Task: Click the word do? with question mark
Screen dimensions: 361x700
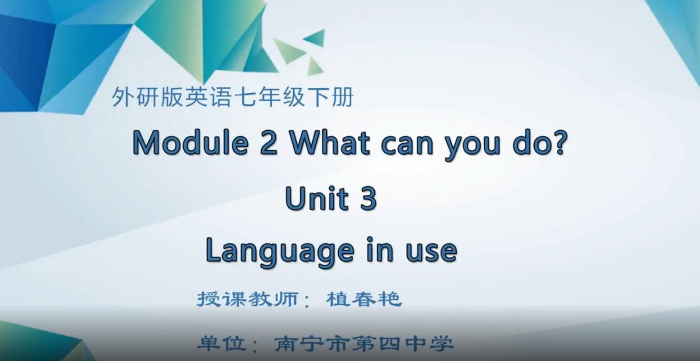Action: click(x=538, y=143)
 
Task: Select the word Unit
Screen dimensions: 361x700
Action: click(x=317, y=199)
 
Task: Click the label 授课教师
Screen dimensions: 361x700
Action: click(x=247, y=299)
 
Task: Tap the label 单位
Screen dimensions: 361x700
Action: click(x=222, y=344)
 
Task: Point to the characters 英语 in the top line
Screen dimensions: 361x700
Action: click(x=209, y=98)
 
